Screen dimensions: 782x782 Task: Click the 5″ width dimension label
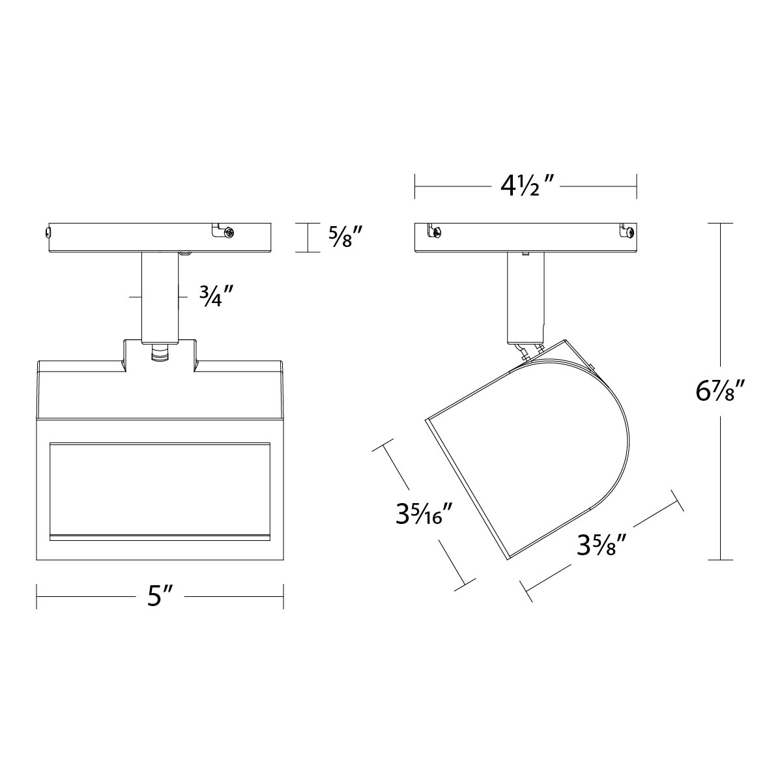[161, 596]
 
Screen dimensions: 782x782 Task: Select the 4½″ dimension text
[525, 186]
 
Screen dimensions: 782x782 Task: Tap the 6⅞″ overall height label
[720, 391]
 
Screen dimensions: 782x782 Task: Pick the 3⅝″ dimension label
[603, 545]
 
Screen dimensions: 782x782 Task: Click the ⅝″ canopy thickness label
[345, 237]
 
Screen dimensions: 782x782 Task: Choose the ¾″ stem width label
[216, 297]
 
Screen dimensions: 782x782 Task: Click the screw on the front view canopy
[229, 233]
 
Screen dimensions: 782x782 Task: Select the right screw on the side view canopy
[630, 233]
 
